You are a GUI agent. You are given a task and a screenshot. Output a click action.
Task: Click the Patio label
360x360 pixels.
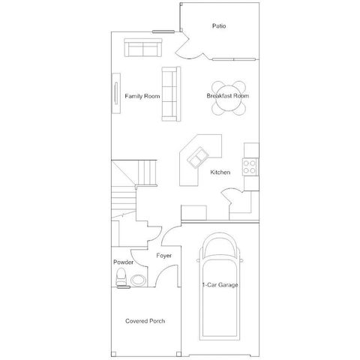click(219, 26)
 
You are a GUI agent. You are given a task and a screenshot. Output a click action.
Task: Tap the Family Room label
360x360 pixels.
click(142, 96)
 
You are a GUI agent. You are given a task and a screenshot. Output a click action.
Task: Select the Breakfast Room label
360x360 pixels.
click(228, 96)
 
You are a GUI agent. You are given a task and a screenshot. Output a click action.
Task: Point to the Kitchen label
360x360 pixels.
click(220, 172)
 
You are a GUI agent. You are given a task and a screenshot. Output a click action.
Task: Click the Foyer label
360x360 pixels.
click(164, 256)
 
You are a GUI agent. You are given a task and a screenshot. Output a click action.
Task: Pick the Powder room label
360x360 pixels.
click(123, 262)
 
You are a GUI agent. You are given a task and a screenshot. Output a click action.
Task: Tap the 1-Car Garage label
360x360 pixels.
click(219, 285)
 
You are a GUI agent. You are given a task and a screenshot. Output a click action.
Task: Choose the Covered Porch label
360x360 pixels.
click(145, 321)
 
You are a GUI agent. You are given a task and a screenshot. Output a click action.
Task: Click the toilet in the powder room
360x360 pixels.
click(121, 279)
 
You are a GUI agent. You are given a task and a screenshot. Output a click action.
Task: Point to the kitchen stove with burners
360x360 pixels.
click(250, 164)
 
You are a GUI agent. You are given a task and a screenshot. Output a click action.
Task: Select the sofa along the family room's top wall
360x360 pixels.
click(142, 49)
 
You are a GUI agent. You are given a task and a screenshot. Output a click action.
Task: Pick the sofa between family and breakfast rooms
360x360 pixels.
click(169, 93)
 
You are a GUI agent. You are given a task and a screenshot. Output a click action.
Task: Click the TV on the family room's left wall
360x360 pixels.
click(115, 93)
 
